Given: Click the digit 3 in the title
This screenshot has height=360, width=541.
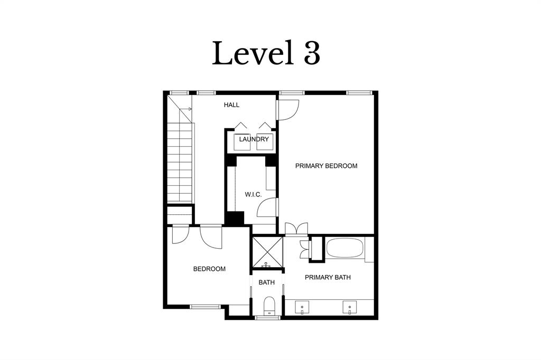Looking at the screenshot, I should tap(312, 53).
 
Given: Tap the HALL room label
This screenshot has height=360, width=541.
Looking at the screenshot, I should tap(231, 105).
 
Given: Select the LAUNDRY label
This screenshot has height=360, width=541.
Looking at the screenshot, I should tap(254, 139).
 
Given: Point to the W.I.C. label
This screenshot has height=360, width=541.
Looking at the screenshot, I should tap(253, 195).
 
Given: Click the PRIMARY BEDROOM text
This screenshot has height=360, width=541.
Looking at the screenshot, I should tap(326, 166).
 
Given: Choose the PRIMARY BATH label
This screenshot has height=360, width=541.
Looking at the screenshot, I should tap(328, 277).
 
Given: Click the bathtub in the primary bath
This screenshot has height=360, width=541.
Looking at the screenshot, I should tap(344, 249).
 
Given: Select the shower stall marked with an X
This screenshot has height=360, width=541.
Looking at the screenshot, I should tap(267, 253).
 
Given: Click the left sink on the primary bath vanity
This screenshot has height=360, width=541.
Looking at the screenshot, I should tap(302, 307).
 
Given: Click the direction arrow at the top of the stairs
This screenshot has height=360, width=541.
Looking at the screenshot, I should tap(186, 109).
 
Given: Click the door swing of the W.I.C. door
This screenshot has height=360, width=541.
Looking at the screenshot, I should tap(267, 207).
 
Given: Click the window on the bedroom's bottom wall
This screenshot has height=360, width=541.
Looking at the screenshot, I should tap(205, 306).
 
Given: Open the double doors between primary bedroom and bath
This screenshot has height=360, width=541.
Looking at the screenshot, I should tap(296, 228).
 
